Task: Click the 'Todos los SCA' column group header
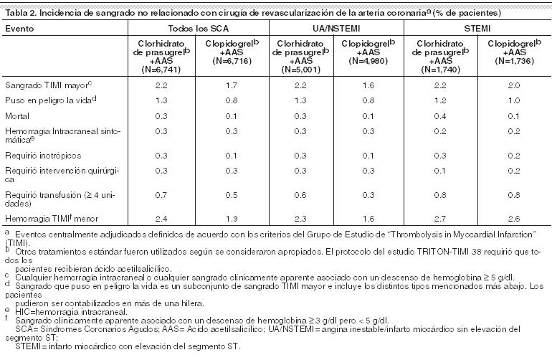(198, 29)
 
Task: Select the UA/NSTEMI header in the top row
(336, 29)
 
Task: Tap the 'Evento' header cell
(19, 29)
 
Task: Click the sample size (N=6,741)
(161, 70)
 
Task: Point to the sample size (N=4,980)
(368, 61)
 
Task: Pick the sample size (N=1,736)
(514, 61)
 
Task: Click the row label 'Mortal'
(17, 116)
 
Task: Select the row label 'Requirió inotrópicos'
(43, 156)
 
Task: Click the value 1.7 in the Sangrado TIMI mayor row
(232, 85)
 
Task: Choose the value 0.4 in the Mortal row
(440, 116)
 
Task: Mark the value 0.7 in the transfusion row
(161, 195)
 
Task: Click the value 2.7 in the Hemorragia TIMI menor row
(440, 219)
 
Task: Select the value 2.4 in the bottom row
(161, 219)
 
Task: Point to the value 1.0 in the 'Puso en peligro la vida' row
(514, 100)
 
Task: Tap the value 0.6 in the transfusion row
(300, 195)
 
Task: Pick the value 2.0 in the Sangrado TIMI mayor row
(514, 85)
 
